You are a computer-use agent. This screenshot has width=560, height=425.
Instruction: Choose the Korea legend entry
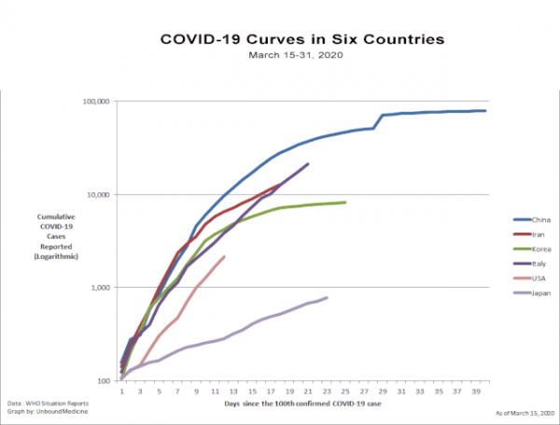pos(540,249)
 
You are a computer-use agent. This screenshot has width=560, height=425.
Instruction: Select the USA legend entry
pos(539,279)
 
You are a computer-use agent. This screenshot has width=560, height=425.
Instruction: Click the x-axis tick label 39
pos(476,391)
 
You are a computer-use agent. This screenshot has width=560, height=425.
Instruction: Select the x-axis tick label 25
pos(345,391)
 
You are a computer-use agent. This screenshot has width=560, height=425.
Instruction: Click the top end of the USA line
pos(225,256)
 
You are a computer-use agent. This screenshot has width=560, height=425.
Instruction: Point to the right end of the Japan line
pos(328,297)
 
